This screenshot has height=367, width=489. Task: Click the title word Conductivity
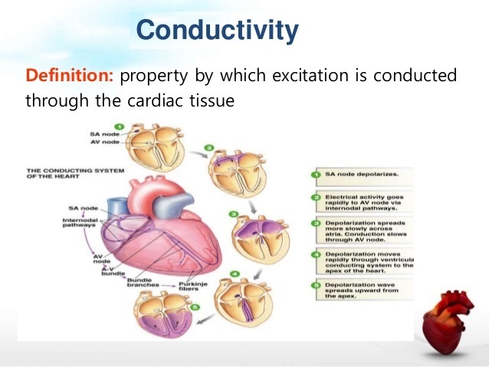217,30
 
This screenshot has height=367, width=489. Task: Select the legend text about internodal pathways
363,201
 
